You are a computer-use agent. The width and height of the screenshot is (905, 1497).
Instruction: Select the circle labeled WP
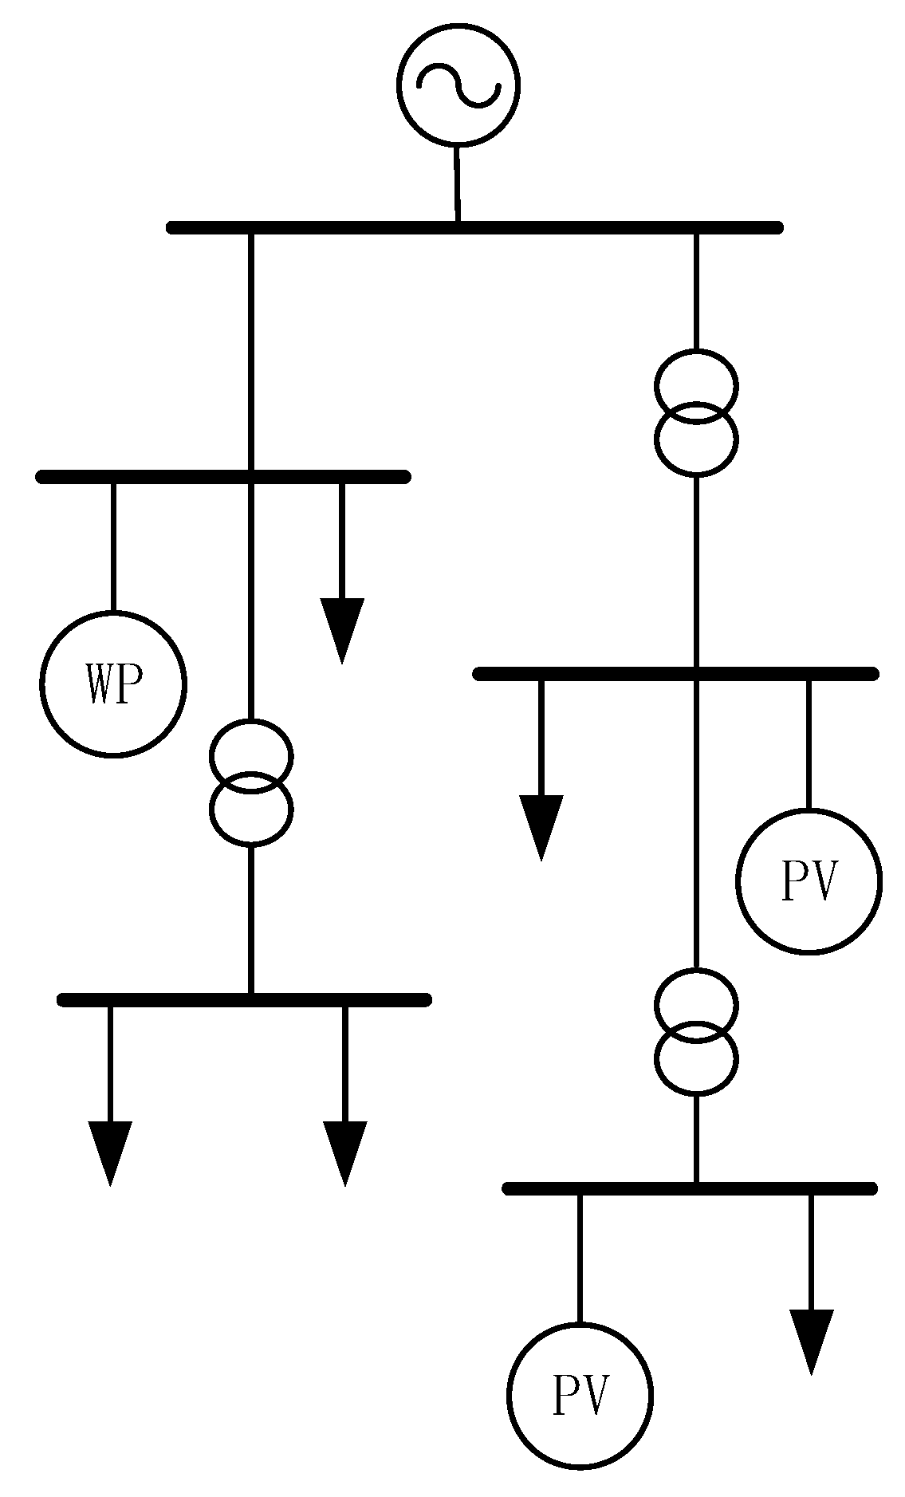(113, 683)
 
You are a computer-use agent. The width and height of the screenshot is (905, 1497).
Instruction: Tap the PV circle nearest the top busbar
(809, 881)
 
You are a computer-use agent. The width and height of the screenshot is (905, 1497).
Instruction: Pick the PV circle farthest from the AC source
(580, 1395)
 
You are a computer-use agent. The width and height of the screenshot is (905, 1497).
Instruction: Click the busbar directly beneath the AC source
(474, 227)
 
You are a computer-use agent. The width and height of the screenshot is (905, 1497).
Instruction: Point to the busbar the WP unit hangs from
(223, 477)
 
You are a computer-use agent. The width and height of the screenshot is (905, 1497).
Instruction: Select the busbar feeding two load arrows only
(245, 999)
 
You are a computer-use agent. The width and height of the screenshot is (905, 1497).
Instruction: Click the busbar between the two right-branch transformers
(675, 674)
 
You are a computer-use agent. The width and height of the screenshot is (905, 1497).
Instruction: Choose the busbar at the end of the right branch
(690, 1188)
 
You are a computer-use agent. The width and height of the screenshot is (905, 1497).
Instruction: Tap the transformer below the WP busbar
(251, 782)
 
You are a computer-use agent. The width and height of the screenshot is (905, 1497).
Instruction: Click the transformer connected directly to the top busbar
(696, 412)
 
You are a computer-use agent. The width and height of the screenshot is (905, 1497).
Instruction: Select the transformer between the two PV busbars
(696, 1032)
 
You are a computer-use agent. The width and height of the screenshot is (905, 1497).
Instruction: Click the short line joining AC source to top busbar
(457, 183)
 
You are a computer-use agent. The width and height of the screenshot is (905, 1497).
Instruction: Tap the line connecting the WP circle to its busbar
(113, 547)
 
